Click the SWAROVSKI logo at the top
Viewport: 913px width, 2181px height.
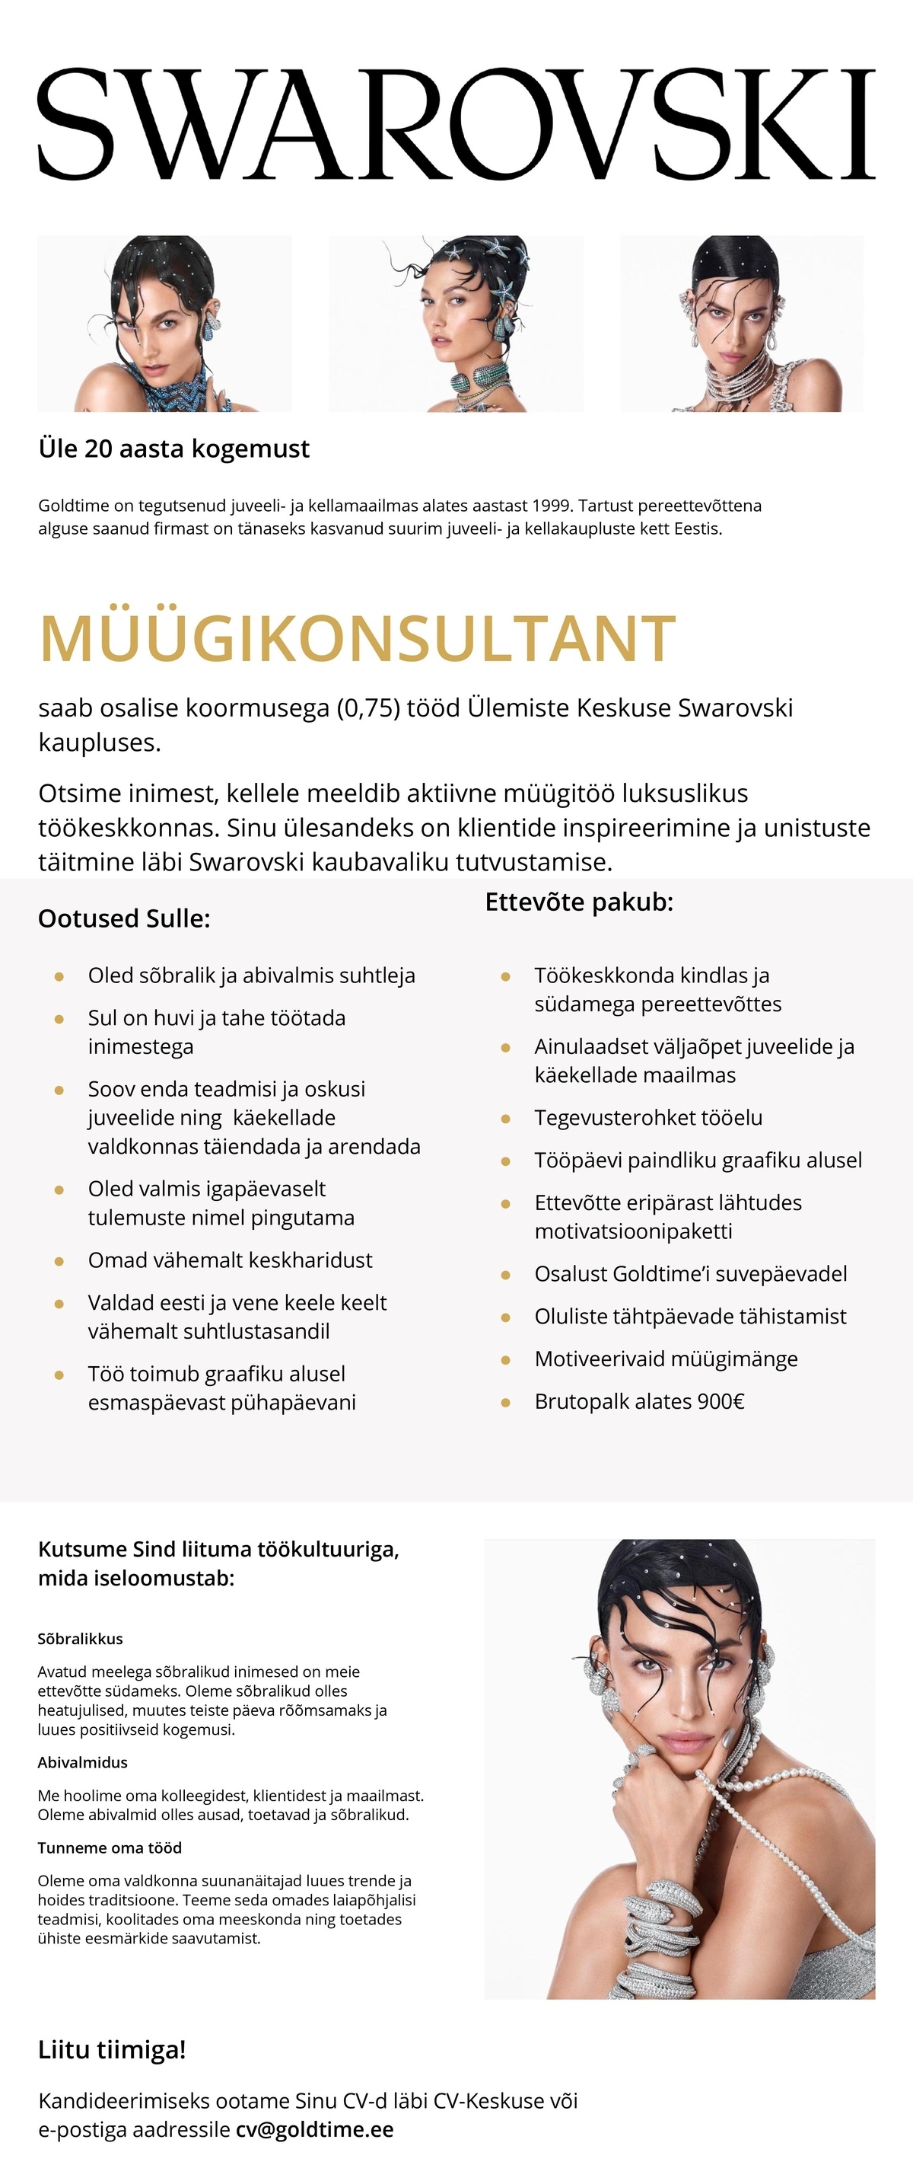456,124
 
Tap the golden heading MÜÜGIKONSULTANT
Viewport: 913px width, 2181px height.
357,638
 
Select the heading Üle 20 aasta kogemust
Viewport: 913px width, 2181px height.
173,448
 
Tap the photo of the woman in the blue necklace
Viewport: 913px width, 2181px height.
165,324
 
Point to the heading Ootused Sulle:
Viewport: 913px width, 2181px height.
123,918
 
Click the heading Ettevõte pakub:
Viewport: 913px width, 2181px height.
579,902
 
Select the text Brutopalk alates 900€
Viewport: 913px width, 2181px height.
639,1401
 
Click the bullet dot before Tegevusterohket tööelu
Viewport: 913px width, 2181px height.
505,1119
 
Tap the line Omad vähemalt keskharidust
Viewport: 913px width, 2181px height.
231,1260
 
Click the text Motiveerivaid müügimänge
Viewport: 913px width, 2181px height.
666,1359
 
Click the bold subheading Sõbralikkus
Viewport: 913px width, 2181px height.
81,1638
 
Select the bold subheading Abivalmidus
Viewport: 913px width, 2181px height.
83,1762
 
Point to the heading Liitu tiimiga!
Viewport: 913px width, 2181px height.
112,2050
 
